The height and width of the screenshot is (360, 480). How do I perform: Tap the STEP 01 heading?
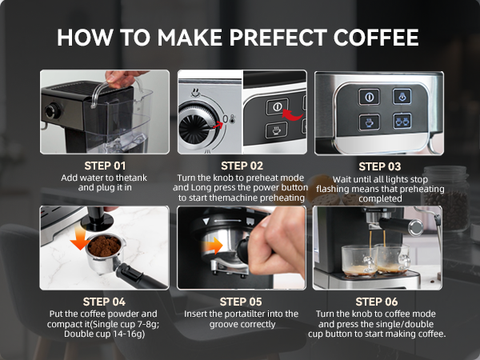pos(104,166)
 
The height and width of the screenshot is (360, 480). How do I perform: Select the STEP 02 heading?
pos(241,166)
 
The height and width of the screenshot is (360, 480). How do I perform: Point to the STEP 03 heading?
pos(378,166)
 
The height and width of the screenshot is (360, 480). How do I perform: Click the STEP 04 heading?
pos(104,302)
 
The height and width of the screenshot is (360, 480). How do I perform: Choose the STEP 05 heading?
pos(241,302)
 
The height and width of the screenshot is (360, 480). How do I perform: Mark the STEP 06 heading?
pos(378,302)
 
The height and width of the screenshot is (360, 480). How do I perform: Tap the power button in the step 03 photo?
pos(370,96)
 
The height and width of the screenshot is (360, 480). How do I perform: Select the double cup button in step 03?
pos(401,122)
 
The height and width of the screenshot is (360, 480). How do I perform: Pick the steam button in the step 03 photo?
pos(401,96)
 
